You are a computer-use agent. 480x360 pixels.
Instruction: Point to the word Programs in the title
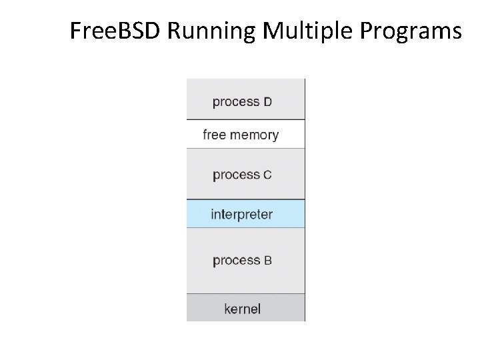[409, 31]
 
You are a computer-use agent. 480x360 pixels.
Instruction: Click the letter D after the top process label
[267, 102]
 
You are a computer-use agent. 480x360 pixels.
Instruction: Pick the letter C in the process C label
[267, 175]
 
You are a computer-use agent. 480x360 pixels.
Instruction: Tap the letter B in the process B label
[267, 261]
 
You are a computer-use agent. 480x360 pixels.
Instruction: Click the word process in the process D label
[236, 102]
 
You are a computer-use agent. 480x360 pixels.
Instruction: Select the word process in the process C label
[236, 175]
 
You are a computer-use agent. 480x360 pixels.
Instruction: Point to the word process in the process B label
[236, 261]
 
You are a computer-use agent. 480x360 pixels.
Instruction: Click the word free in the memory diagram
[215, 135]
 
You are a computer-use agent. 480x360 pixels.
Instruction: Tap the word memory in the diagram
[254, 135]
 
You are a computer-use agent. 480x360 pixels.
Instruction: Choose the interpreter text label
[241, 215]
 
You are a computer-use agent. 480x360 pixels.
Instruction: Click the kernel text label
[242, 309]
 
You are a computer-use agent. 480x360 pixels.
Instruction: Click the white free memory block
[293, 135]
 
